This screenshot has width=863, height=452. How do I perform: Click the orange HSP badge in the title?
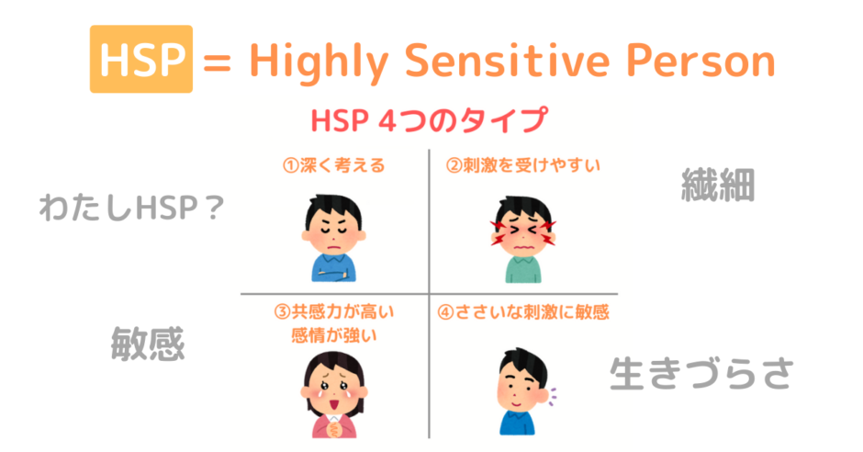[141, 59]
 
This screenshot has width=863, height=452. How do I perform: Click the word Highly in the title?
[319, 62]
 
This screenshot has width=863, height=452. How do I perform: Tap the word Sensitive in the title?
[507, 60]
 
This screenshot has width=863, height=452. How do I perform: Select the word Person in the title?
[701, 60]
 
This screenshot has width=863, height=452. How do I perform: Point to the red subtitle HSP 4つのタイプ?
[430, 119]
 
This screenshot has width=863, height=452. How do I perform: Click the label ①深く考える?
[333, 165]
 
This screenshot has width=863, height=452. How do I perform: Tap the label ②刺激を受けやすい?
[523, 165]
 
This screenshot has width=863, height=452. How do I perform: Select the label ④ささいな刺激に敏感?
[523, 312]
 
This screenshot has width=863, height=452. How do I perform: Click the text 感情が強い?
[334, 335]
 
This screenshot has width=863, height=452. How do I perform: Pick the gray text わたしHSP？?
[131, 209]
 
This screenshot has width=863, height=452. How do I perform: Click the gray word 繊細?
[718, 185]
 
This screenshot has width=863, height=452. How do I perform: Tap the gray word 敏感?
[148, 344]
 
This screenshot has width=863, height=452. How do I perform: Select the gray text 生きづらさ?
[701, 374]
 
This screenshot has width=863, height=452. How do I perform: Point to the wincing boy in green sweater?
[523, 239]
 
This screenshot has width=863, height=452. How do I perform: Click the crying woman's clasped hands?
[334, 426]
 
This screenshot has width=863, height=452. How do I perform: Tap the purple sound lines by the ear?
[553, 396]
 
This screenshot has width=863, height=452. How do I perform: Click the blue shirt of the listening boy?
[517, 423]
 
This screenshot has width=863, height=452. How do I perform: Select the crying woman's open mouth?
[333, 403]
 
